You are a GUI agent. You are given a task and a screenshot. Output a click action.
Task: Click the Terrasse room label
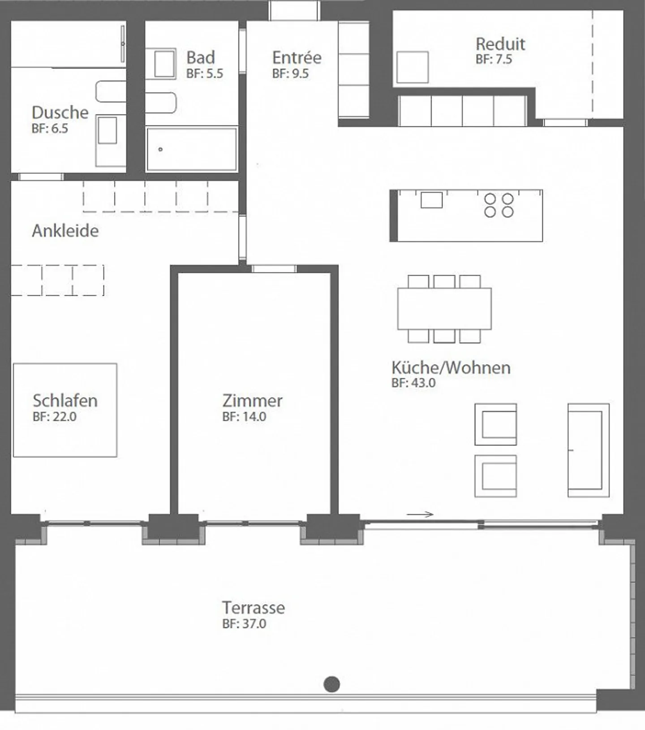(253, 608)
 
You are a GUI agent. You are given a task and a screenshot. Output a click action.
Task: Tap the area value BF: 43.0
(413, 383)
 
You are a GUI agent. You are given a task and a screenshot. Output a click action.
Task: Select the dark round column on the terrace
(331, 684)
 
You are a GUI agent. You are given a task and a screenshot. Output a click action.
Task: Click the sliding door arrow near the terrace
(420, 514)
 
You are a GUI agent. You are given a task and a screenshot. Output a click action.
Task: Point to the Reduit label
(500, 44)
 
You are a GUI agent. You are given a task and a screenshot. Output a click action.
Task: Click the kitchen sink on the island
(431, 200)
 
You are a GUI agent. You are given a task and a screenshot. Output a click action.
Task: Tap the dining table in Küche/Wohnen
(444, 309)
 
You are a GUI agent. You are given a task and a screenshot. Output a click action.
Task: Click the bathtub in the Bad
(192, 149)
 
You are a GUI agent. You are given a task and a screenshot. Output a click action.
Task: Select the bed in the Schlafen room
(65, 410)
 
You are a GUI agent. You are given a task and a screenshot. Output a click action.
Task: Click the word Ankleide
(65, 231)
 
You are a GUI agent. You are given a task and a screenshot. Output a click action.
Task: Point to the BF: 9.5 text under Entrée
(290, 73)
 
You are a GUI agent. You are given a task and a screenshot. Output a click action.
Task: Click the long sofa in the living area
(588, 450)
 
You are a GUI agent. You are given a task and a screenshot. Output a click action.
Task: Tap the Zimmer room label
(252, 401)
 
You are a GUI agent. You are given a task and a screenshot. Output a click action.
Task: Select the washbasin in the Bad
(164, 64)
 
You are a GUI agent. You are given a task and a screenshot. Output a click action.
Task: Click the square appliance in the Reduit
(413, 67)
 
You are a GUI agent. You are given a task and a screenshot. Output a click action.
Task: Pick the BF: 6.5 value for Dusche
(50, 129)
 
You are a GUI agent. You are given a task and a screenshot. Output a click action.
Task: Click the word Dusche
(60, 112)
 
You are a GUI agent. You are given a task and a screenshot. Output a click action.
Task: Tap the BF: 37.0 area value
(244, 624)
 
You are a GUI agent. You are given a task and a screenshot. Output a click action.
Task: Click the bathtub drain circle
(160, 149)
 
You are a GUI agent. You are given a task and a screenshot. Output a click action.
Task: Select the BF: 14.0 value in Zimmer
(244, 417)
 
